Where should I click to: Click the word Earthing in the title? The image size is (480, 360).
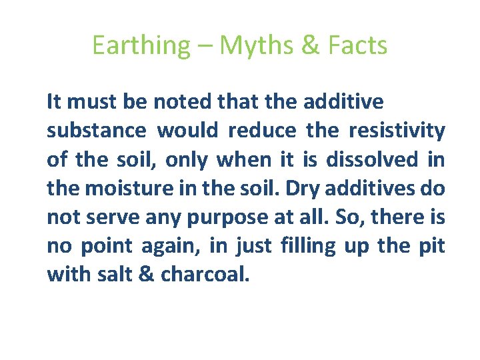[x=141, y=45]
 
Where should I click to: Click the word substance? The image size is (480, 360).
[x=96, y=131]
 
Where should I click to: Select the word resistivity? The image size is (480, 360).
[x=397, y=131]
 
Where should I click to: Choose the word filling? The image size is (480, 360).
[x=307, y=247]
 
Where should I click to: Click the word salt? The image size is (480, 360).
[x=112, y=275]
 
